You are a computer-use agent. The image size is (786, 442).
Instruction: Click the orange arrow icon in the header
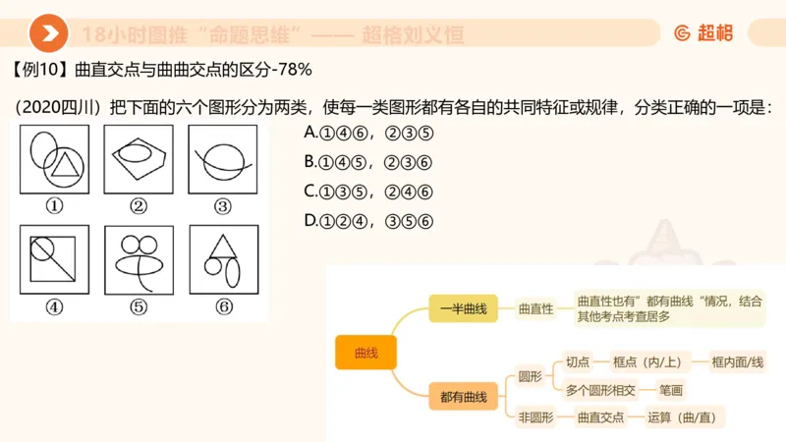(48, 34)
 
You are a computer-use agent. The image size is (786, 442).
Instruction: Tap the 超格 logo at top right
(703, 33)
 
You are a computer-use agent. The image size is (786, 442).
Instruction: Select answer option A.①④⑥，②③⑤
(368, 132)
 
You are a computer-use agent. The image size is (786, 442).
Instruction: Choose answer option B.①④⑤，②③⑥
(368, 161)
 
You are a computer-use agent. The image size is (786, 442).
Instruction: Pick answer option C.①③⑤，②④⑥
(368, 191)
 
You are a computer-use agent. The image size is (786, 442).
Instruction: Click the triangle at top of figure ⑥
(222, 246)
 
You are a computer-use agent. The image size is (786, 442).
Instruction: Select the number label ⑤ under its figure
(139, 306)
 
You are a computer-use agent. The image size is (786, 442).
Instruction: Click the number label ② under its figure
(139, 206)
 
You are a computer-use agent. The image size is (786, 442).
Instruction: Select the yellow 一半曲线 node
(464, 308)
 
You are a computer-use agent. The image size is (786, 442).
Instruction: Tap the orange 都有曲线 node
(464, 397)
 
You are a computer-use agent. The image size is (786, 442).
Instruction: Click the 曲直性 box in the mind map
(535, 308)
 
